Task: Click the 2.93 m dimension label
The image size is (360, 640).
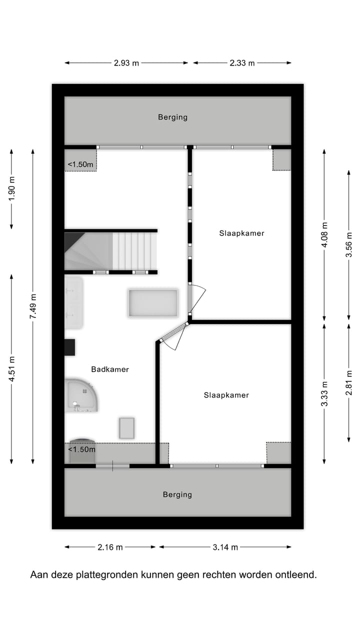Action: (126, 63)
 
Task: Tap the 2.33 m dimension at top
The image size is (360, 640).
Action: (242, 63)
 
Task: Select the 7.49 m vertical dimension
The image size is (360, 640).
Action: (33, 306)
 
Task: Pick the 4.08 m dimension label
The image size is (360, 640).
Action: (324, 235)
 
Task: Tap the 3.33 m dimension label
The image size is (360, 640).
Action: (324, 394)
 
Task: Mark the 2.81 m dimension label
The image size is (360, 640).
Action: (349, 382)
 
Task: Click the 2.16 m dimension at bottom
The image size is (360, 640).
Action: (110, 547)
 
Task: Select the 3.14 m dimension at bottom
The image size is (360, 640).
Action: (225, 547)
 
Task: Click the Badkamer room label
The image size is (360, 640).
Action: (110, 369)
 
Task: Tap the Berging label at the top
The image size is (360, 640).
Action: (172, 117)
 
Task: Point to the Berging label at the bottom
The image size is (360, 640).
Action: (177, 494)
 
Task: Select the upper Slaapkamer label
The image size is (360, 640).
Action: (241, 233)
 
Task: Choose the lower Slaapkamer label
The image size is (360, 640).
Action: (226, 395)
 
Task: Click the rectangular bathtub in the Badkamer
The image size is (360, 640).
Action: (153, 303)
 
